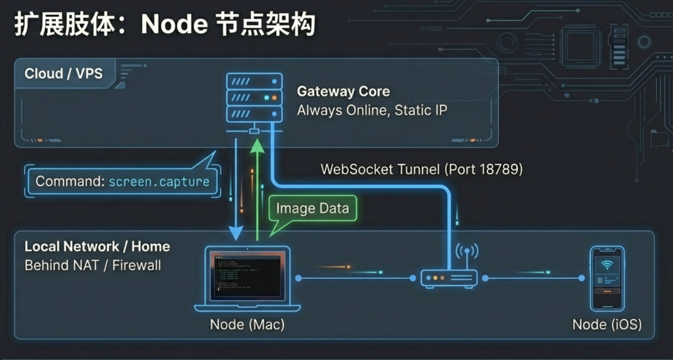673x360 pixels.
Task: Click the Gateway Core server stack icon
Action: [254, 98]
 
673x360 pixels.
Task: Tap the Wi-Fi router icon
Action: [449, 278]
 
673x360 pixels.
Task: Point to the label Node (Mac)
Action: [247, 324]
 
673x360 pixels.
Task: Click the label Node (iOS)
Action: [607, 324]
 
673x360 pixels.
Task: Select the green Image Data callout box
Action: [312, 208]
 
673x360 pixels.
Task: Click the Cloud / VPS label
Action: [63, 73]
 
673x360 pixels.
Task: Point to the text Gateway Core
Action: [343, 92]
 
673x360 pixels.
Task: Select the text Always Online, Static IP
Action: [371, 111]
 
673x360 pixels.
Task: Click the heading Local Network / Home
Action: [97, 247]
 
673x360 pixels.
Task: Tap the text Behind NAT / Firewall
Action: [92, 265]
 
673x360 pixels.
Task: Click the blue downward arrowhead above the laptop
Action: [236, 234]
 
